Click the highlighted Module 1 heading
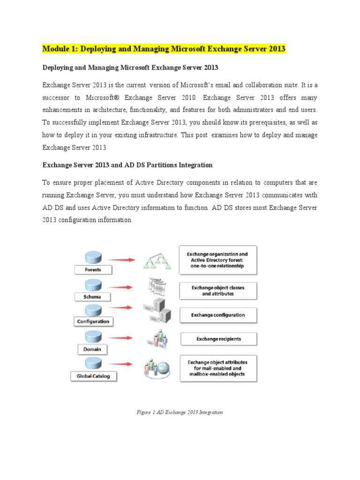click(164, 49)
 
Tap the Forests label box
click(92, 270)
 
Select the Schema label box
click(92, 296)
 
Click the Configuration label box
click(93, 322)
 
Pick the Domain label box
click(92, 349)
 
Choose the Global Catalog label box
click(93, 376)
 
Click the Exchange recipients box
click(219, 338)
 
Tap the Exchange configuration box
click(218, 315)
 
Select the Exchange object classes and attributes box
click(218, 291)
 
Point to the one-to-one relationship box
click(218, 259)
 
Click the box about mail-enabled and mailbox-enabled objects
click(218, 368)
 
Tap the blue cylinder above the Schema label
click(92, 285)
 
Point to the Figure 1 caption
click(180, 412)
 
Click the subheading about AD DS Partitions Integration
click(127, 165)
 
